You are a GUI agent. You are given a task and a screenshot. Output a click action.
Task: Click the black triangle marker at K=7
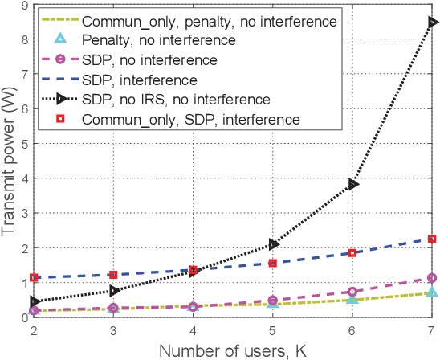(433, 22)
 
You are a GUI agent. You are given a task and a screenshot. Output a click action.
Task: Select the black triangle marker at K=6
(353, 184)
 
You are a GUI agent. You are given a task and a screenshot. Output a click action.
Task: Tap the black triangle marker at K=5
(274, 244)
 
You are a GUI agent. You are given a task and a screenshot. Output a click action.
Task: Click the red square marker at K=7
(432, 239)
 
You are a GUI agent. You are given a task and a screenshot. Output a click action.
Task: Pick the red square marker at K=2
(35, 278)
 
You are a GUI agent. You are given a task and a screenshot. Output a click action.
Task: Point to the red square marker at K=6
(352, 253)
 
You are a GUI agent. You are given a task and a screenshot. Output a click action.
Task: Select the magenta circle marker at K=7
(432, 278)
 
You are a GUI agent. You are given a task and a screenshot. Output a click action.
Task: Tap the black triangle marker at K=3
(115, 291)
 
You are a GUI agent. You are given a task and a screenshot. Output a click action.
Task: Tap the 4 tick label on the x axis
(194, 330)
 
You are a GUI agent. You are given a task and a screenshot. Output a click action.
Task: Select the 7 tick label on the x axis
(432, 330)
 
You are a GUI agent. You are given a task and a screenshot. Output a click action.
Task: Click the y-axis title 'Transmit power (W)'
(9, 162)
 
